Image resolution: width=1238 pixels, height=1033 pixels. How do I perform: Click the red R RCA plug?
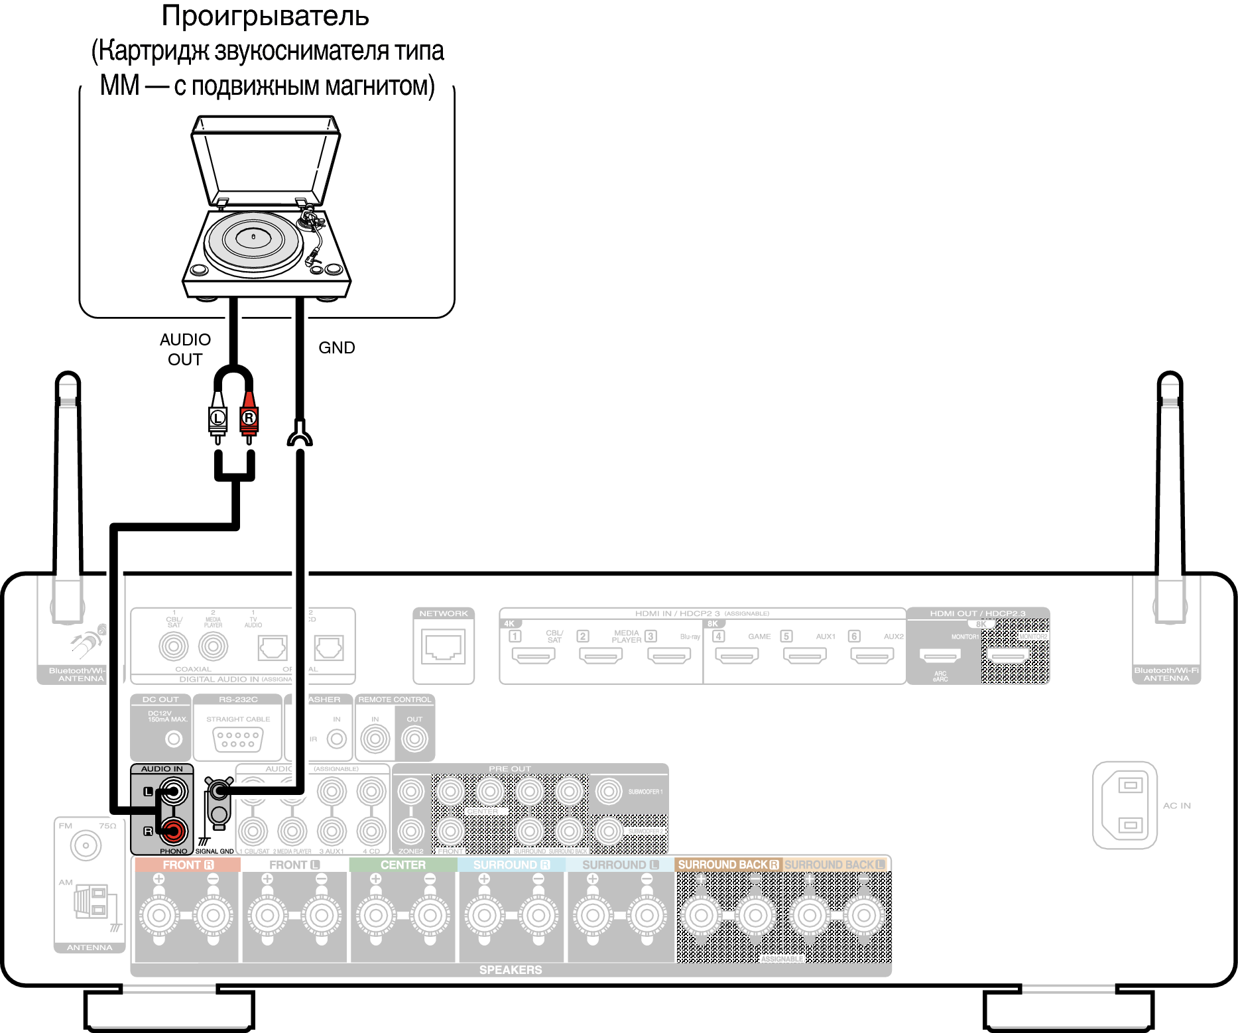[x=249, y=418]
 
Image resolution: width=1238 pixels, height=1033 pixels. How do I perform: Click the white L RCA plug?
[x=217, y=418]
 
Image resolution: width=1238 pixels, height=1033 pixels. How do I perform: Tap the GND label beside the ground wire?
[x=336, y=347]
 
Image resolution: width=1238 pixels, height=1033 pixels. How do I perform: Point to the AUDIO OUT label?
[x=185, y=349]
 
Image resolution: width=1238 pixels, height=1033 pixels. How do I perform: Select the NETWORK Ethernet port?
[x=444, y=646]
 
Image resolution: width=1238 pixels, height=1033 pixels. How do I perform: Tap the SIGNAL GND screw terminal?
[x=219, y=790]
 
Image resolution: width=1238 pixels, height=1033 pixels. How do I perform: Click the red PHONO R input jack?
[x=174, y=830]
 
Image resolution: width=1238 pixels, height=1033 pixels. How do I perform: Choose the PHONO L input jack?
[x=174, y=791]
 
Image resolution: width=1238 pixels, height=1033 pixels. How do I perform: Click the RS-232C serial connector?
[x=238, y=739]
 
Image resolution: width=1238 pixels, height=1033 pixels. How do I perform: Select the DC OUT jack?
[x=174, y=739]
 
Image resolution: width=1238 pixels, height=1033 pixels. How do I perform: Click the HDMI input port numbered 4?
[x=737, y=656]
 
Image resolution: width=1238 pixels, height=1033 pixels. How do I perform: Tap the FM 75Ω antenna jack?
[x=86, y=845]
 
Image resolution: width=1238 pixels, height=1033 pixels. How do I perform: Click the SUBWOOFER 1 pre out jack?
[x=608, y=791]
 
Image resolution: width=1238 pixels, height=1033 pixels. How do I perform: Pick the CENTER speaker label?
[x=403, y=865]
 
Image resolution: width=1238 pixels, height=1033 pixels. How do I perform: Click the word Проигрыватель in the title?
[x=265, y=16]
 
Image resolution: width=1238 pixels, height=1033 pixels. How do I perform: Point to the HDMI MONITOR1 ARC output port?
[x=940, y=656]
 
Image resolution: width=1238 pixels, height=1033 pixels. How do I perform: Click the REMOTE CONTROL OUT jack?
[x=414, y=739]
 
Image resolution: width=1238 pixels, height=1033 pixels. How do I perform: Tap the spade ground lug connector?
[x=300, y=436]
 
